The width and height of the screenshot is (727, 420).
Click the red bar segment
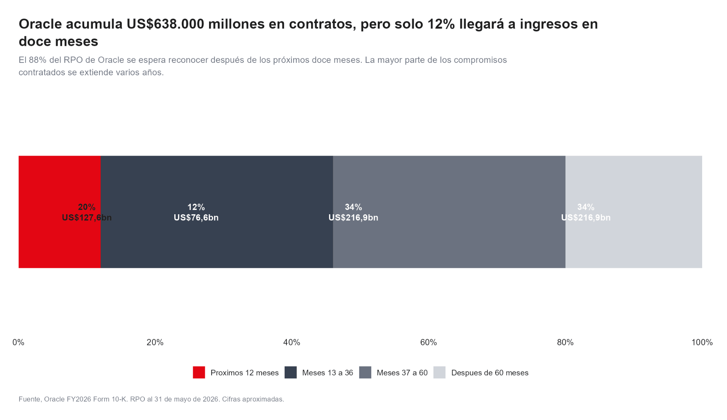tap(60, 212)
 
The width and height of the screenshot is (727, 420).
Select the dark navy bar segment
tap(217, 212)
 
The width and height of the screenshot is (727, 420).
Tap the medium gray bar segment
tap(449, 212)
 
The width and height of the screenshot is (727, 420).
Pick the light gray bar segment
tap(634, 212)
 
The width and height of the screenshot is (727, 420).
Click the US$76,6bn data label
tap(196, 217)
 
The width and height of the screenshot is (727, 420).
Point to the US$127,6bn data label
tap(87, 217)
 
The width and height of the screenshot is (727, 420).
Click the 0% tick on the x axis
tap(18, 342)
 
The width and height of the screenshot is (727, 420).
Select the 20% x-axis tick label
tap(155, 342)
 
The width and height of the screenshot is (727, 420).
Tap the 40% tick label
tap(292, 342)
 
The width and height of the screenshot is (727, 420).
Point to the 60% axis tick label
tap(428, 342)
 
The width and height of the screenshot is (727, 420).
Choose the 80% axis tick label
tap(565, 342)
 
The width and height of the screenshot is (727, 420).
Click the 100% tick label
tap(702, 342)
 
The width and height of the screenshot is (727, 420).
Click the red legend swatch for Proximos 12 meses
tap(199, 372)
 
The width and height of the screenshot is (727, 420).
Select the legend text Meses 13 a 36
tap(328, 373)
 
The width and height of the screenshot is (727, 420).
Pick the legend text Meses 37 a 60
tap(402, 373)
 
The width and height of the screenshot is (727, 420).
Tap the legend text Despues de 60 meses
tap(490, 373)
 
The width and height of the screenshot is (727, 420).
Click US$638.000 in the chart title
tap(165, 24)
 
